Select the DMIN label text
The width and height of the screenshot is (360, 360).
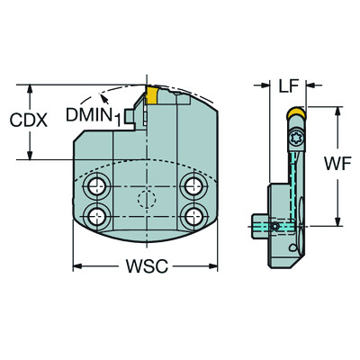tap(88, 113)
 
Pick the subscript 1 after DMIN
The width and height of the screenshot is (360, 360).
tap(115, 118)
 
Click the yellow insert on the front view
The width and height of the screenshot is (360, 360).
tap(153, 95)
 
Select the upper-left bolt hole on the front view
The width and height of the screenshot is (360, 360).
tap(95, 186)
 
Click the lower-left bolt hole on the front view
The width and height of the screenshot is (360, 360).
tap(95, 215)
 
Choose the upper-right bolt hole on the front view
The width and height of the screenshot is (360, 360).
tap(190, 186)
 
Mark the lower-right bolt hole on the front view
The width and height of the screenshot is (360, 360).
tap(190, 215)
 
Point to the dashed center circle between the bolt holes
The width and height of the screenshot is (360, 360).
tap(142, 201)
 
